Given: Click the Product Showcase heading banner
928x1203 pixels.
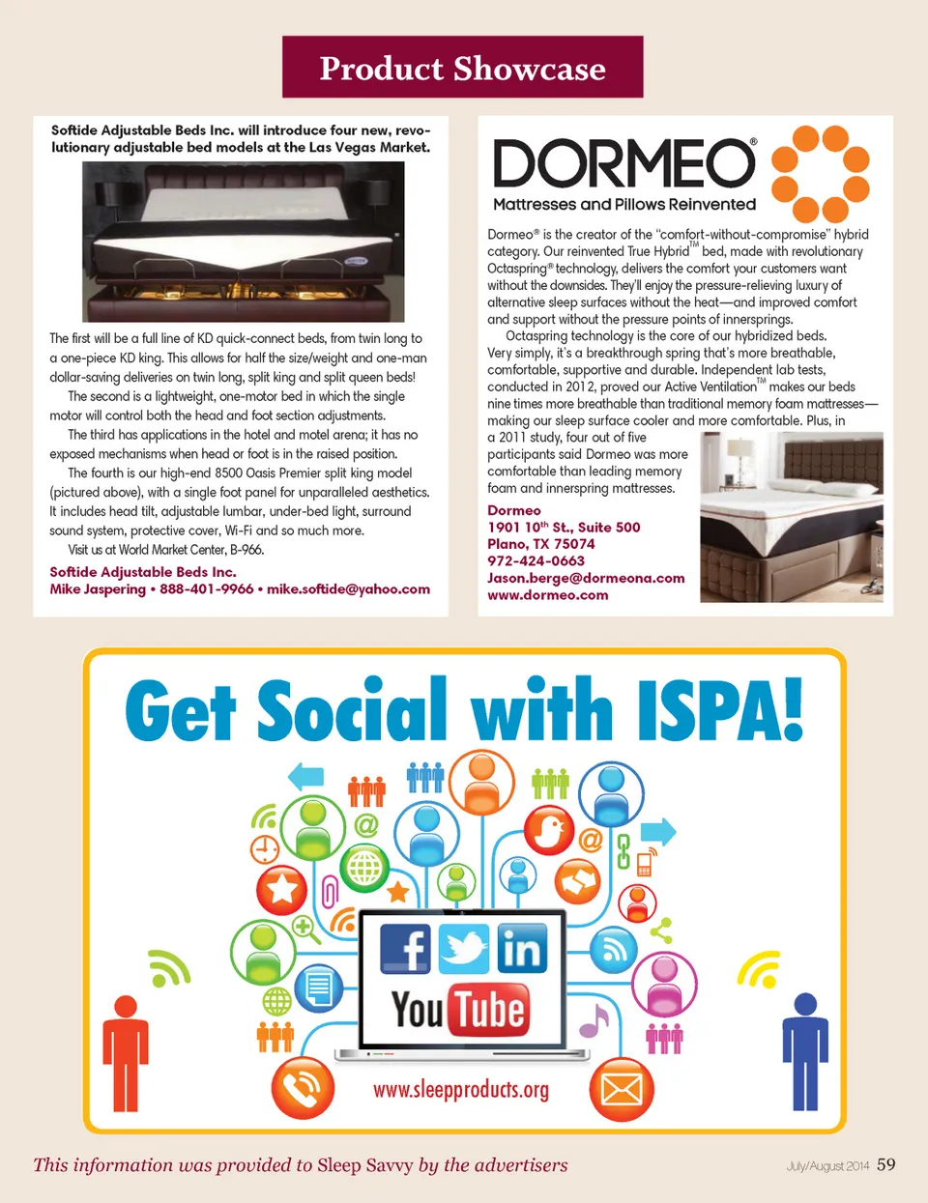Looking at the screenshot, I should coord(462,68).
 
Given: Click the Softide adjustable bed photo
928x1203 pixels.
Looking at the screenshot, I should coord(243,242).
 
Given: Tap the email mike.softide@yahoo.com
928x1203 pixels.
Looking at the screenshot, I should coord(348,589).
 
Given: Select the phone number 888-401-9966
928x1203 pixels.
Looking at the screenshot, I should coord(206,589).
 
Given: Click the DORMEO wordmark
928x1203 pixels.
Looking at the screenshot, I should coord(623,163).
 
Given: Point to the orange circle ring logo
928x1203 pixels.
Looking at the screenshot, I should coord(821,174).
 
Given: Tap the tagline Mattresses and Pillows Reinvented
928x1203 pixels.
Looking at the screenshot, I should coord(624,205).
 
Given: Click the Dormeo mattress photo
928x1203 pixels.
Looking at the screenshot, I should coord(791,517).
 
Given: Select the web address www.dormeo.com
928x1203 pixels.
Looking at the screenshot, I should coord(548,595).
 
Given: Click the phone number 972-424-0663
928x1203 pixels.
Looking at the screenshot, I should coord(536,561).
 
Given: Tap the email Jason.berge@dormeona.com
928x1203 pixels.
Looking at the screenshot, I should coord(586,578).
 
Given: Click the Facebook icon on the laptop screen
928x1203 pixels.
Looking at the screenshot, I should coord(405,949).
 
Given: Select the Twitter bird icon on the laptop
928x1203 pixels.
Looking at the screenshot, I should coord(464,949).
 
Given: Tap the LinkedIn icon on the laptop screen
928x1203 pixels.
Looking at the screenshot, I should coord(522,949).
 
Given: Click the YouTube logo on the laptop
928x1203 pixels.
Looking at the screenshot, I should coord(461,1010).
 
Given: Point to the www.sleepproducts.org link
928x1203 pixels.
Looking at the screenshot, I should coord(461,1090).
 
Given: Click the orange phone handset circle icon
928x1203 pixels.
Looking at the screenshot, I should coord(303,1089).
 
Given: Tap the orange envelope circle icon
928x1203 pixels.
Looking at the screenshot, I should coord(622,1090).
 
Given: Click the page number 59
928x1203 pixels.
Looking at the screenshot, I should coord(886,1164).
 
